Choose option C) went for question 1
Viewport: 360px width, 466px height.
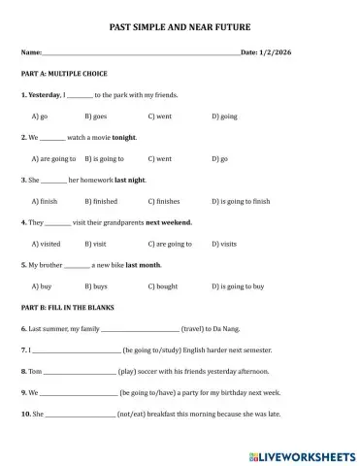click(x=159, y=116)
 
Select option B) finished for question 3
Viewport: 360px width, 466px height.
click(x=102, y=201)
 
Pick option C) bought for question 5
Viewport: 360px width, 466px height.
click(x=162, y=286)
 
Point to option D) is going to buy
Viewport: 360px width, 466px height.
click(x=238, y=286)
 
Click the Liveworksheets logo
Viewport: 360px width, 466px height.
click(x=301, y=453)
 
